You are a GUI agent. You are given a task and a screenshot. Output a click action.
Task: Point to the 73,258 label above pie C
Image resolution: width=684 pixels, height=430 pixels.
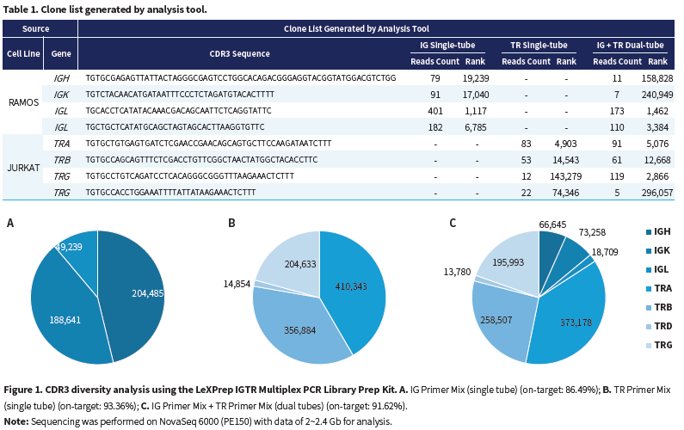coord(587,232)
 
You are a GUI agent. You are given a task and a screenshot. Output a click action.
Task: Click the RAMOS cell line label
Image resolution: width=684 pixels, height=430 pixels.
coord(24,102)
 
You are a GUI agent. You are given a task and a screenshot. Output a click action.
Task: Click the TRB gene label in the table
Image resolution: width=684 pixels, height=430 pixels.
coord(61,160)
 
